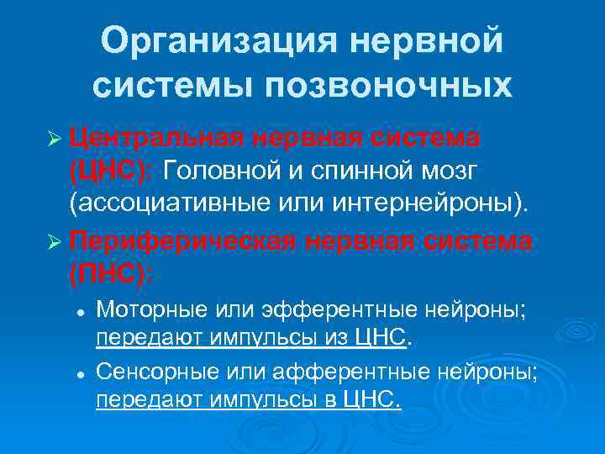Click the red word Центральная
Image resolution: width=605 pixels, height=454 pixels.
coord(150,136)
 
